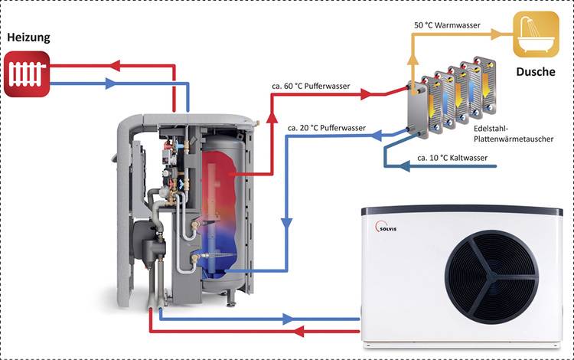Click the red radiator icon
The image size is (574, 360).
pyautogui.click(x=26, y=74)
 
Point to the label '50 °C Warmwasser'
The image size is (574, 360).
pyautogui.click(x=448, y=25)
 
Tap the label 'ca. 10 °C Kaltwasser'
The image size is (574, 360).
pyautogui.click(x=452, y=158)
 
